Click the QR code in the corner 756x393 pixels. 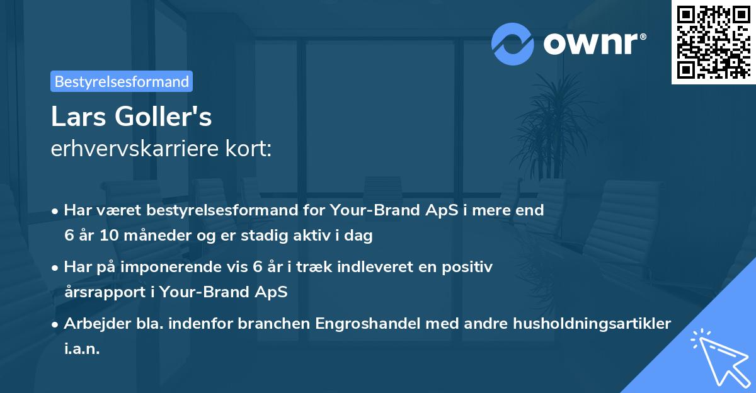point(713,42)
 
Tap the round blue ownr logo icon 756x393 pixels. point(512,44)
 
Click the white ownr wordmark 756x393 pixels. point(595,43)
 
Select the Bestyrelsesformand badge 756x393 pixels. point(122,81)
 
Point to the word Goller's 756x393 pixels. point(163,117)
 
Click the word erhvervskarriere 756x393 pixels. point(135,149)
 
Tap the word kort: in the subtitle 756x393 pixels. point(248,149)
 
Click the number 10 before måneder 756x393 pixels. point(109,235)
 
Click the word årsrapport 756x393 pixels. point(105,292)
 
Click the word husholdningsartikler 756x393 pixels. point(592,324)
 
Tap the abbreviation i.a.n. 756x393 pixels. point(82,348)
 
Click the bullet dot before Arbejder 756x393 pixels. point(55,325)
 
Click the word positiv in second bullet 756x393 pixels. point(467,268)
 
